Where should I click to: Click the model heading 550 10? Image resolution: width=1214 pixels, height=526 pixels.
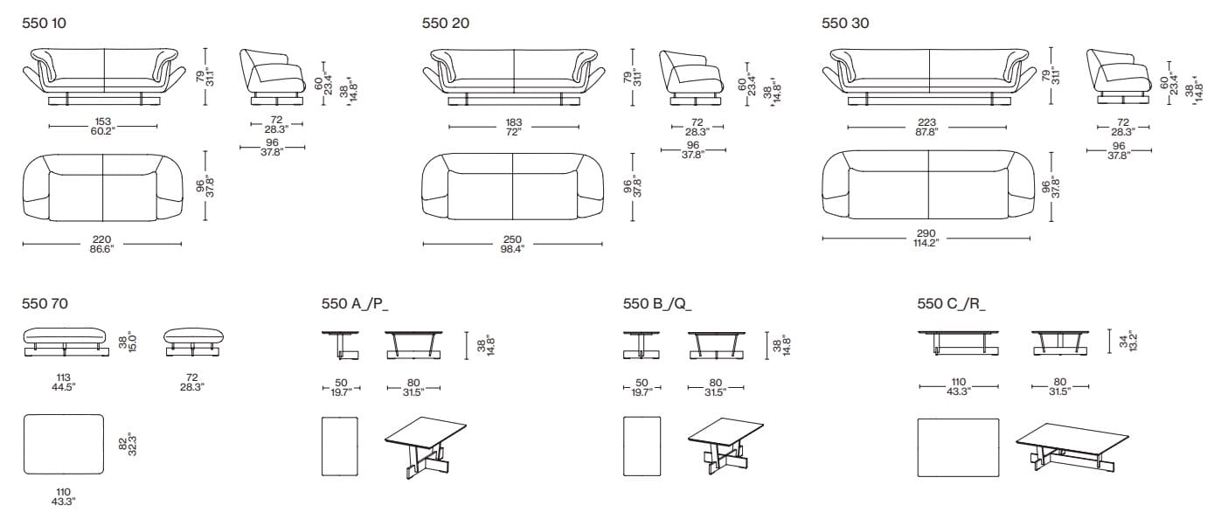(x=44, y=24)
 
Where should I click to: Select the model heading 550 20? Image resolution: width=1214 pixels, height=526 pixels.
(x=446, y=24)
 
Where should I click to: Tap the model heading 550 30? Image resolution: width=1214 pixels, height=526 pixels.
(x=846, y=24)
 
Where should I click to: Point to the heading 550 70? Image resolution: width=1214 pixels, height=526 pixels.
(x=45, y=304)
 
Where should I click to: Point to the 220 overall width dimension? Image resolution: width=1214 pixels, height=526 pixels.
(x=103, y=244)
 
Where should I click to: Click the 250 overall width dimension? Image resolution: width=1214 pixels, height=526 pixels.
(x=512, y=244)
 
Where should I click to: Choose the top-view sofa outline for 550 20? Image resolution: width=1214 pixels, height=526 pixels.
(x=512, y=188)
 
